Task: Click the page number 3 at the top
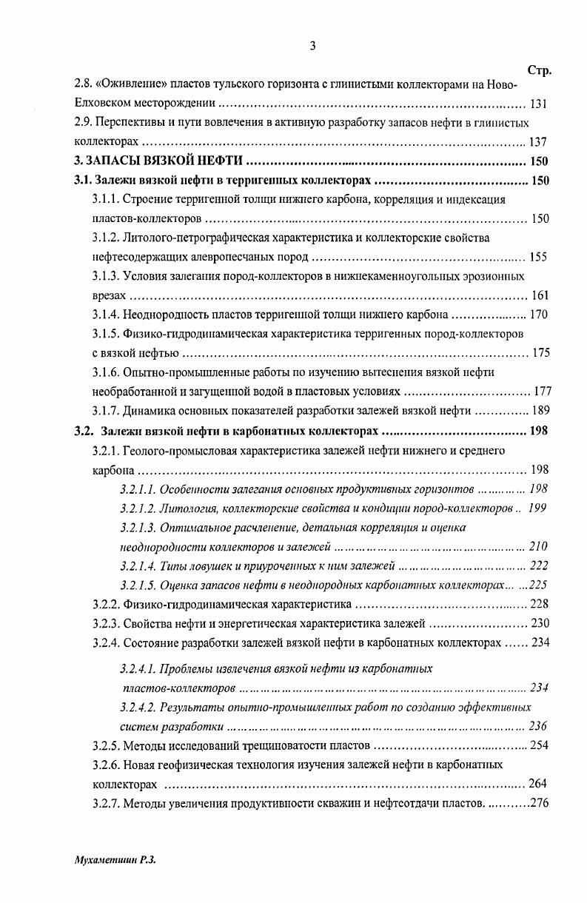tap(312, 47)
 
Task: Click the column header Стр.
tap(540, 71)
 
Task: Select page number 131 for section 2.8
tap(539, 104)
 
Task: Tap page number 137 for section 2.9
tap(539, 142)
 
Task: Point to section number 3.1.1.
tap(106, 199)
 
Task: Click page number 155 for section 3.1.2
tap(539, 257)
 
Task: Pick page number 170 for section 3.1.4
tap(539, 315)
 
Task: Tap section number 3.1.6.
tap(106, 372)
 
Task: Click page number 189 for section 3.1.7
tap(539, 411)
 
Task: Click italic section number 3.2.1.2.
tap(138, 508)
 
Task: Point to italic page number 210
tap(539, 547)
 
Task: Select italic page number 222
tap(539, 566)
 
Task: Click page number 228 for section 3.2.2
tap(540, 604)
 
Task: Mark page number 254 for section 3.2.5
tap(540, 745)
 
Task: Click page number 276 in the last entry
tap(540, 802)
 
